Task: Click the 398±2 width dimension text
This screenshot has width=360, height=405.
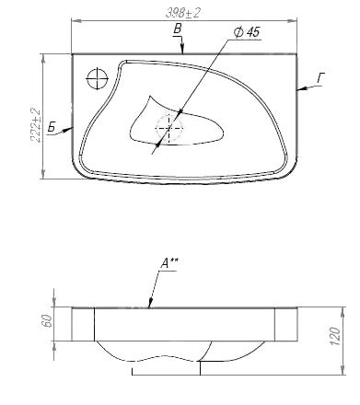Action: click(x=183, y=13)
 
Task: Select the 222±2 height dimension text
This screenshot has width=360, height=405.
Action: click(x=36, y=124)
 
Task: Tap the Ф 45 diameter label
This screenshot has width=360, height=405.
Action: click(x=247, y=32)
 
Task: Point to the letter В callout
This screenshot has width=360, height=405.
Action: click(x=178, y=29)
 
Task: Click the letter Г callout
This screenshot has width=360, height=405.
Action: click(x=321, y=78)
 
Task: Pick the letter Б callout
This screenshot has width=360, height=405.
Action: click(x=52, y=127)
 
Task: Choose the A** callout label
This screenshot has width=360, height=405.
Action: click(x=169, y=263)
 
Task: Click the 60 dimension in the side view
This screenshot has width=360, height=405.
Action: click(x=48, y=321)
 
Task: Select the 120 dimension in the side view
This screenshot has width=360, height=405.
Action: click(x=335, y=336)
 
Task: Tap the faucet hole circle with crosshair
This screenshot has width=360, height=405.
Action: click(x=98, y=78)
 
